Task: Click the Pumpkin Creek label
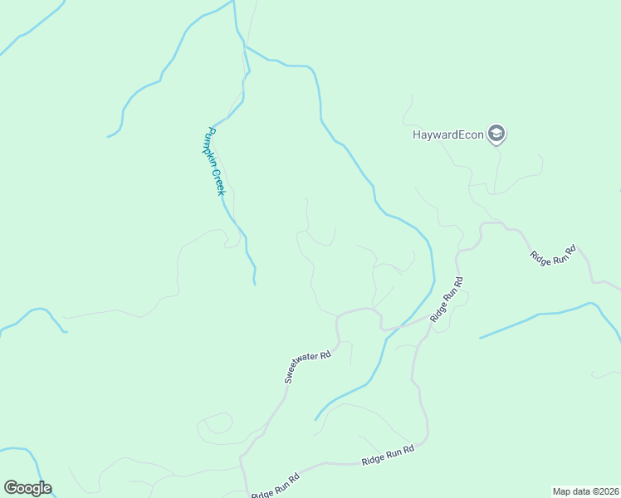(x=216, y=161)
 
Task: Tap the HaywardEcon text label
(x=447, y=134)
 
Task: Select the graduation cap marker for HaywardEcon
(x=496, y=133)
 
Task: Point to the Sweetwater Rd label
(x=308, y=366)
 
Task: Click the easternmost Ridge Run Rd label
(x=553, y=254)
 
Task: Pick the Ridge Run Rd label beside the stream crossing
(x=447, y=299)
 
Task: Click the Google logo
(x=27, y=488)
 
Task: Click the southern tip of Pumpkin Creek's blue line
(x=254, y=284)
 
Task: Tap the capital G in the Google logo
(x=12, y=488)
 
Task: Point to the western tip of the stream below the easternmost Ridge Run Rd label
(x=480, y=339)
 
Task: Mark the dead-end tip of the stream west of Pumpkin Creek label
(x=108, y=136)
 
